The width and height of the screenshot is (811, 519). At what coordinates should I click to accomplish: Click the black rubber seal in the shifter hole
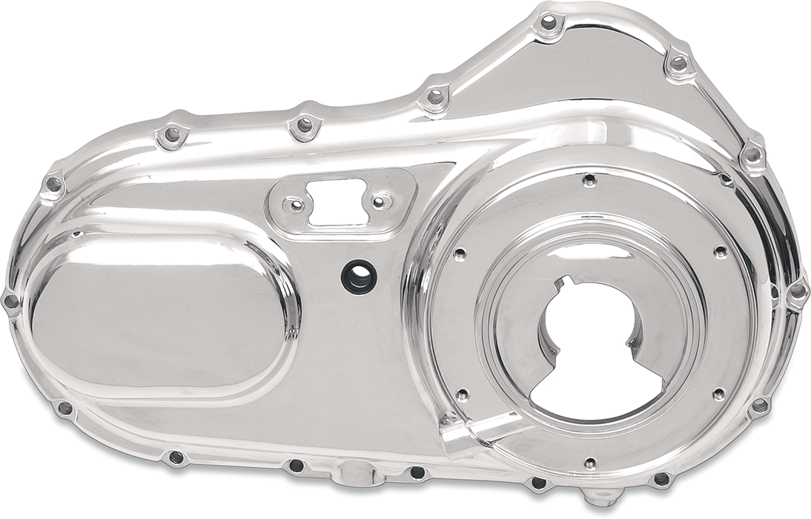click(x=359, y=277)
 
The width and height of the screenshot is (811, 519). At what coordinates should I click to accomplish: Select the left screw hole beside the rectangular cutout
click(x=295, y=205)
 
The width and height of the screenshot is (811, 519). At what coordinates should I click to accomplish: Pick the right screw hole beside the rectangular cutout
click(x=378, y=202)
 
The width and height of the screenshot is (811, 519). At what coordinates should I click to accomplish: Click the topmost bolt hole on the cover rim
click(x=549, y=23)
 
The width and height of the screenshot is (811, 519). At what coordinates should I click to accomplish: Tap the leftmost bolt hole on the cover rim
click(x=11, y=301)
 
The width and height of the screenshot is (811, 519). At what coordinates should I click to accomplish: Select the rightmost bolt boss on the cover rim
click(x=797, y=292)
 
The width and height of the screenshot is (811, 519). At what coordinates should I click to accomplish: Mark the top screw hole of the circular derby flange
click(x=589, y=179)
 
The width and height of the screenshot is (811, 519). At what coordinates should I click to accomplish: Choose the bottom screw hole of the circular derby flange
click(x=590, y=463)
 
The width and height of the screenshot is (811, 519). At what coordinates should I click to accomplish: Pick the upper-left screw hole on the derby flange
click(x=460, y=255)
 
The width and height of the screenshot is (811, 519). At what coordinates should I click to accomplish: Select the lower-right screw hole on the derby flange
click(x=718, y=394)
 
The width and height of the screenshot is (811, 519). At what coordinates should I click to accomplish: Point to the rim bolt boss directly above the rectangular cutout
click(x=304, y=125)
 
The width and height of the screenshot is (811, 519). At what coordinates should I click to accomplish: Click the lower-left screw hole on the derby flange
click(x=462, y=395)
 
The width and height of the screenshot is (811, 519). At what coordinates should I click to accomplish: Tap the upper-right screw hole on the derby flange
click(x=718, y=252)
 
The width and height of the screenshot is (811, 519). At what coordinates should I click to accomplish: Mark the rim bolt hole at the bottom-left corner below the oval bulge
click(x=65, y=408)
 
